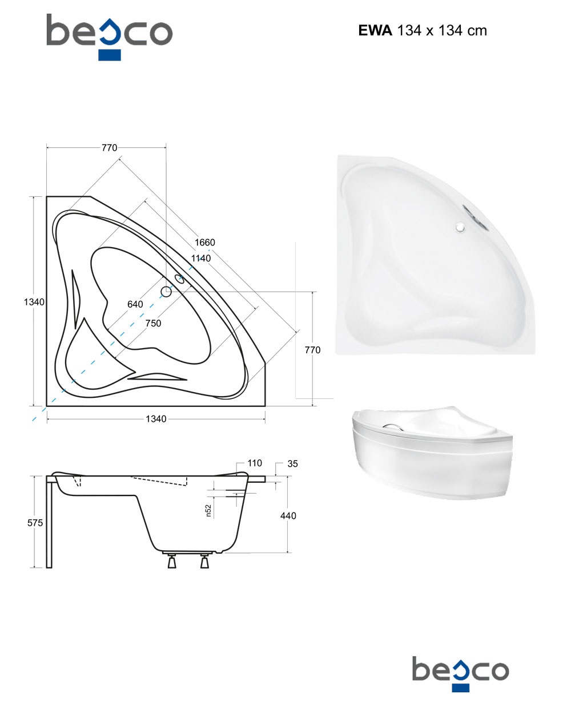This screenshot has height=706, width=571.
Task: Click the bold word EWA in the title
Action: coord(375,30)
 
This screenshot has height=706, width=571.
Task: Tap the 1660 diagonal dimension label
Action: coord(204,243)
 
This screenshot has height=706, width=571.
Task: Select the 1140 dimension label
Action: coord(200,258)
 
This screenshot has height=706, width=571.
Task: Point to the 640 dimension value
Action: coord(135,304)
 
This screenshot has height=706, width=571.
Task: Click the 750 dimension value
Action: coord(153,323)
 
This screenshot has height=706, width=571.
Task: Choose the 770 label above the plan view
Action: coord(109,147)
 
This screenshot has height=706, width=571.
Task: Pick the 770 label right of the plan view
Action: coord(312,350)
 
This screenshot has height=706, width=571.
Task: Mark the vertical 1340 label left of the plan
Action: coord(34,302)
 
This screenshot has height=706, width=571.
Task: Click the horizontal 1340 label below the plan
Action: coord(156,419)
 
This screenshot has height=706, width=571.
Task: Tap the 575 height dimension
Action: coord(35,523)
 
